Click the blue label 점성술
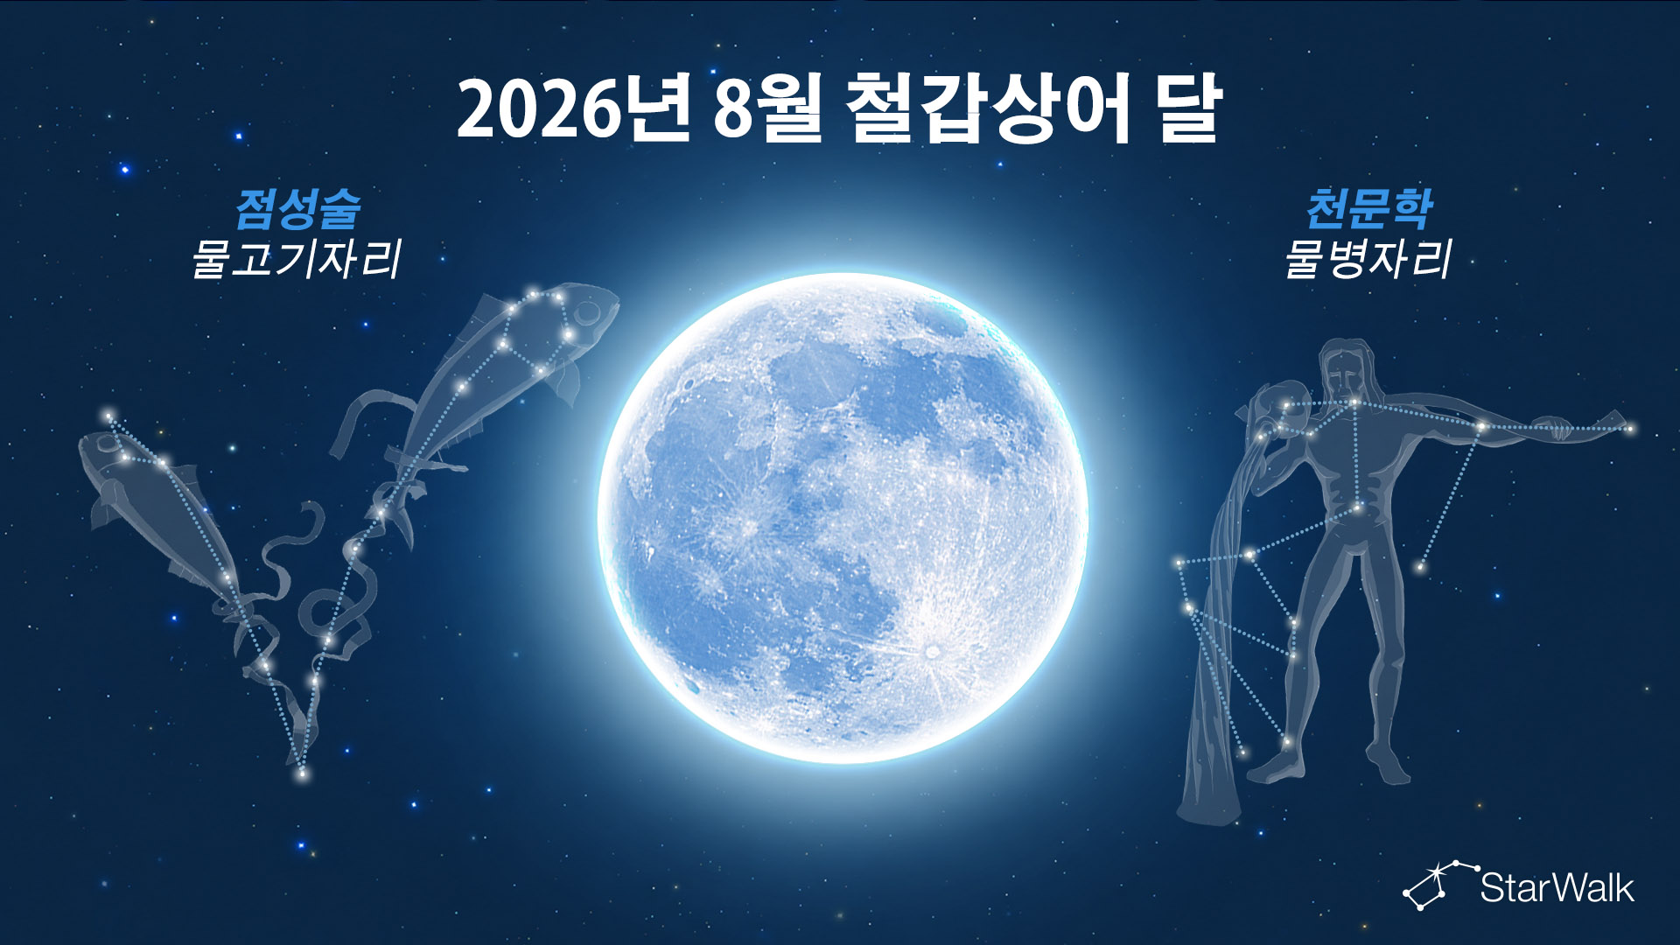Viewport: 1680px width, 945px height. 298,208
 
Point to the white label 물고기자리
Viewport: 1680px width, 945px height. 297,259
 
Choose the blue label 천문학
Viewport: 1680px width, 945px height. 1368,208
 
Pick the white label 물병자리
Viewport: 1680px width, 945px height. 1368,259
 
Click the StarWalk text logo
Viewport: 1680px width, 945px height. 1557,887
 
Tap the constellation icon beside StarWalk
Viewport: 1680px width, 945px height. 1440,885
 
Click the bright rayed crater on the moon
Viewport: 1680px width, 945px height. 932,651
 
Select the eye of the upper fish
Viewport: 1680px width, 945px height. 585,311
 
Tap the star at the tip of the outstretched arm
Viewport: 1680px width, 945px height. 1630,429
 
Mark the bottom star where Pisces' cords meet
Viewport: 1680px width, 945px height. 303,773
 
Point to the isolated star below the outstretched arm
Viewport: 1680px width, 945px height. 1419,568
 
